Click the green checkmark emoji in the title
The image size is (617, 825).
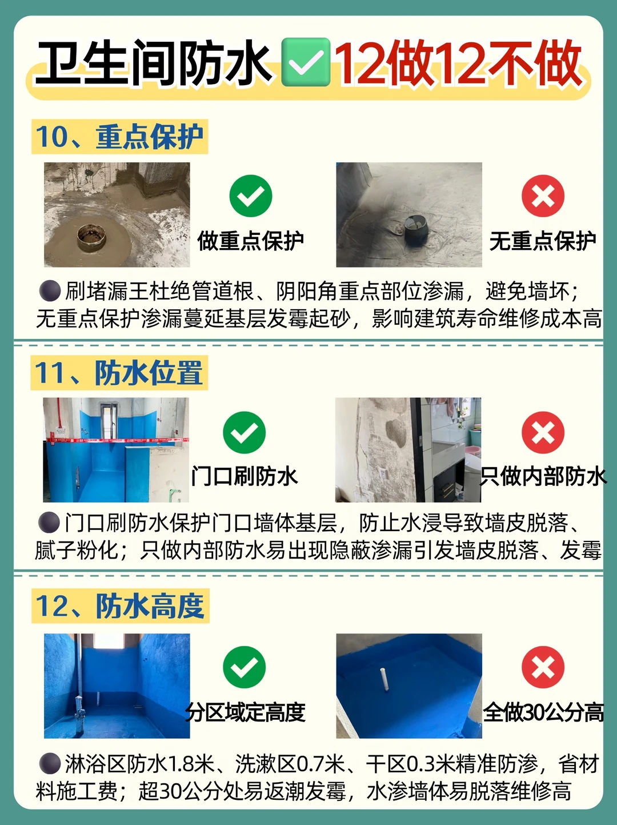click(x=306, y=62)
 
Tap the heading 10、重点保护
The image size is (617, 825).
click(x=120, y=137)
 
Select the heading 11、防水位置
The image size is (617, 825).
click(x=119, y=372)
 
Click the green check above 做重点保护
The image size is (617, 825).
click(x=251, y=196)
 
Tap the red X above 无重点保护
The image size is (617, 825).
click(x=543, y=196)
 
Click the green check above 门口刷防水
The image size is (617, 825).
click(x=244, y=433)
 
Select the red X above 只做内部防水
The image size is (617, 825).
click(x=543, y=433)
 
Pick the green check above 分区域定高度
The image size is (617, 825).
click(x=244, y=667)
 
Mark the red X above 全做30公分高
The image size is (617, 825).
click(x=543, y=667)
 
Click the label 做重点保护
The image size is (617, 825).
click(x=250, y=241)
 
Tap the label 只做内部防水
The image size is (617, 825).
click(x=543, y=477)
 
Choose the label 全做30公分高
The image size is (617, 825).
click(x=543, y=712)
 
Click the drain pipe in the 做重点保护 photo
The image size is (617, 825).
click(x=91, y=237)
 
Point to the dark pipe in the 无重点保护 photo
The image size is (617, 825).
click(x=416, y=229)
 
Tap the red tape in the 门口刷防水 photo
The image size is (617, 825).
click(x=116, y=440)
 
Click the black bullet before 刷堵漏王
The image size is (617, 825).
click(x=50, y=290)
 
